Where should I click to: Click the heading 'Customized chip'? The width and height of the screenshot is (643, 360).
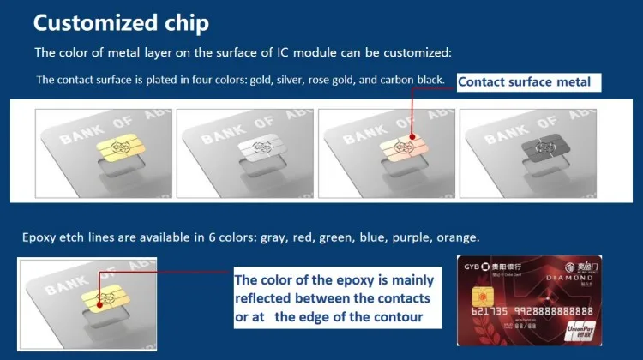tap(120, 21)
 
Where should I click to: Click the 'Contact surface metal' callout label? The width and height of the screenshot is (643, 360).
tap(524, 82)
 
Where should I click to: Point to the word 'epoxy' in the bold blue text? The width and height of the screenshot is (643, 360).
tap(336, 280)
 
